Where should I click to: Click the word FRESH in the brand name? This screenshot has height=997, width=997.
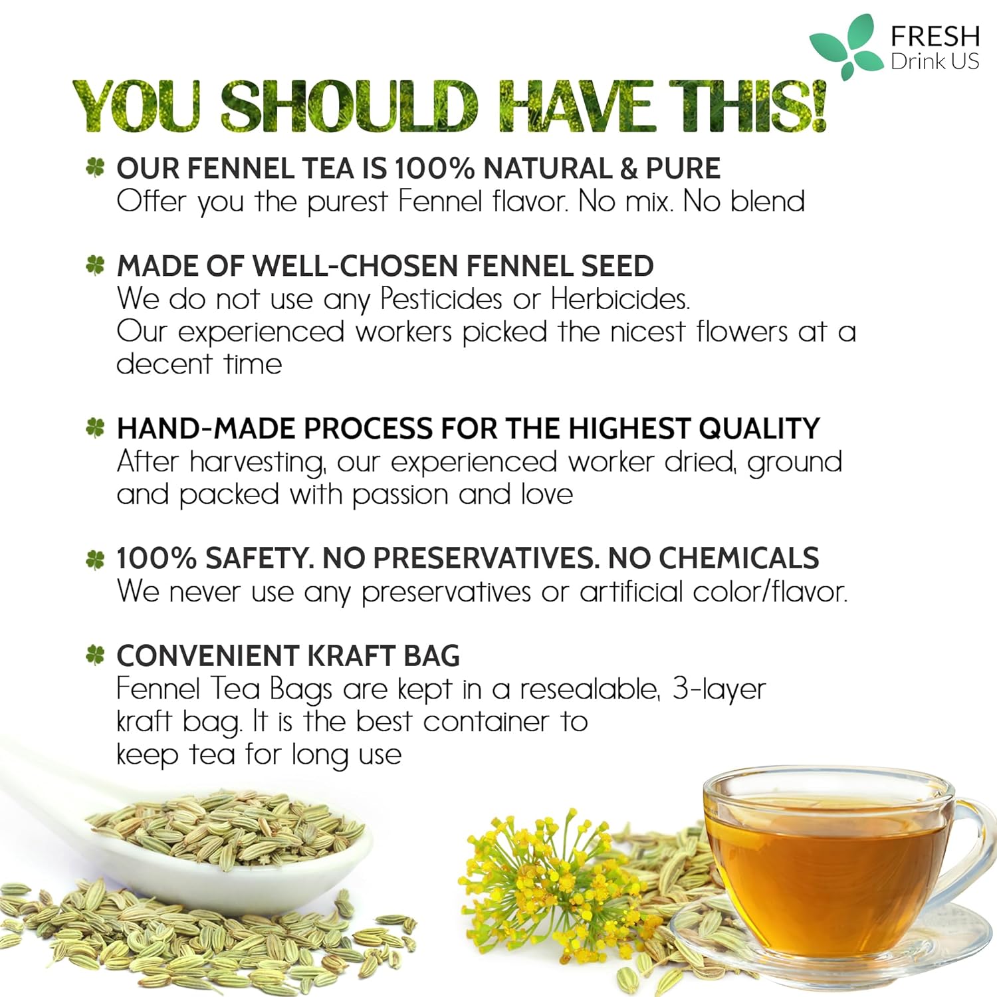point(935,36)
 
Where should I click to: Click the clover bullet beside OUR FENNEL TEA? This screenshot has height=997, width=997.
point(96,167)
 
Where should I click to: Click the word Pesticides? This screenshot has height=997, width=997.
point(441,299)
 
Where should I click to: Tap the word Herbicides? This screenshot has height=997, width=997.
point(620,299)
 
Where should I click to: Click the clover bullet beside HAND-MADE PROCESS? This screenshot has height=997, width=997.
point(96,427)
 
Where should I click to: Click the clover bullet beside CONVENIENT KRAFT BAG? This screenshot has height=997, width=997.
point(96,655)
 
